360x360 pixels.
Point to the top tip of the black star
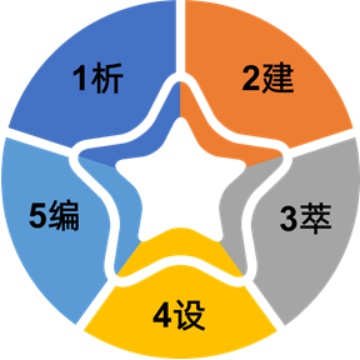(x=180, y=123)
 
